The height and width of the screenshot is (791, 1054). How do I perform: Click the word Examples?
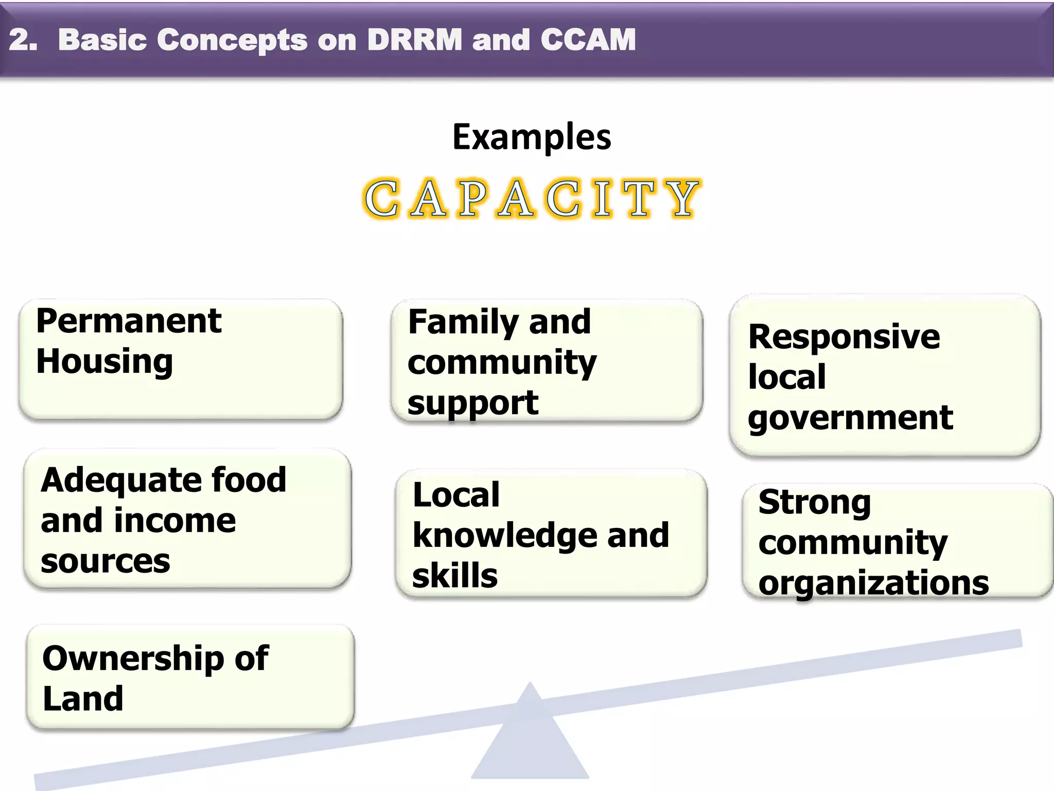click(x=532, y=137)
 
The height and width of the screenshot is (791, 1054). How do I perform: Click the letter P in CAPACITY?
click(x=472, y=199)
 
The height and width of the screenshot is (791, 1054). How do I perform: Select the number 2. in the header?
click(x=23, y=40)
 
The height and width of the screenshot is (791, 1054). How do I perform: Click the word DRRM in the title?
click(x=415, y=40)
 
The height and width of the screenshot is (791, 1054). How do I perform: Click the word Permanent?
click(x=129, y=321)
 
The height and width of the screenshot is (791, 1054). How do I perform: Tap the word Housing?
click(x=104, y=362)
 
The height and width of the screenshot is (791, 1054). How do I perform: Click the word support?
click(x=472, y=403)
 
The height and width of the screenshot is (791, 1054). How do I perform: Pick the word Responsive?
click(x=844, y=337)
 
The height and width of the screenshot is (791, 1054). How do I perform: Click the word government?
click(x=850, y=418)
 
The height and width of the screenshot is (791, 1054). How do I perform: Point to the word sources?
click(x=105, y=561)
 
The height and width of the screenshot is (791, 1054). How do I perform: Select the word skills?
click(x=455, y=576)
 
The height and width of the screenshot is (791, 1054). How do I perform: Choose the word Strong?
click(x=815, y=503)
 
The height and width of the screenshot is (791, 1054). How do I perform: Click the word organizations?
click(x=873, y=583)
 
